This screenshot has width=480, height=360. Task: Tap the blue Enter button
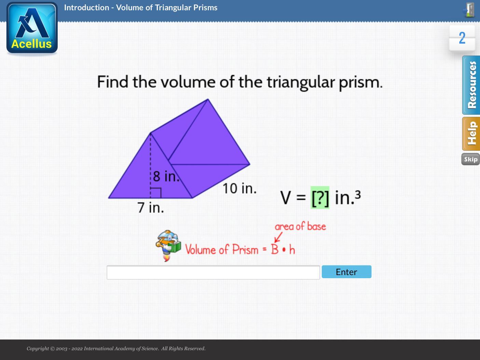[346, 272]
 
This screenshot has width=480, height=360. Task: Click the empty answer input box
[213, 272]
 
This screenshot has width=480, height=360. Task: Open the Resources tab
[471, 85]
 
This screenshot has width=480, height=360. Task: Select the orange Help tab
[471, 134]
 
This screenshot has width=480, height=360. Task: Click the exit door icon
[469, 10]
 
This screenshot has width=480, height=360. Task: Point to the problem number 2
[462, 38]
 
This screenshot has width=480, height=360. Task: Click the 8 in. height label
[166, 176]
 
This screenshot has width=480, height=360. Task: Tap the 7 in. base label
[150, 207]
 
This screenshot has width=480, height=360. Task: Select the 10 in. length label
[239, 188]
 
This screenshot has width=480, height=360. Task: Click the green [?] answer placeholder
[320, 198]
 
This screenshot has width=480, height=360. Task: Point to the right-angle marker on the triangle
[156, 193]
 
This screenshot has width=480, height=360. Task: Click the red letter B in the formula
[275, 250]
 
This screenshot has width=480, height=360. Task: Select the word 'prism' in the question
[361, 82]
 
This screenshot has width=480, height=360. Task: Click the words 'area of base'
[300, 226]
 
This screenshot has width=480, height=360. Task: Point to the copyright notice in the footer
[116, 348]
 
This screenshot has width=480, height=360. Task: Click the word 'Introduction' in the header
[86, 8]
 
